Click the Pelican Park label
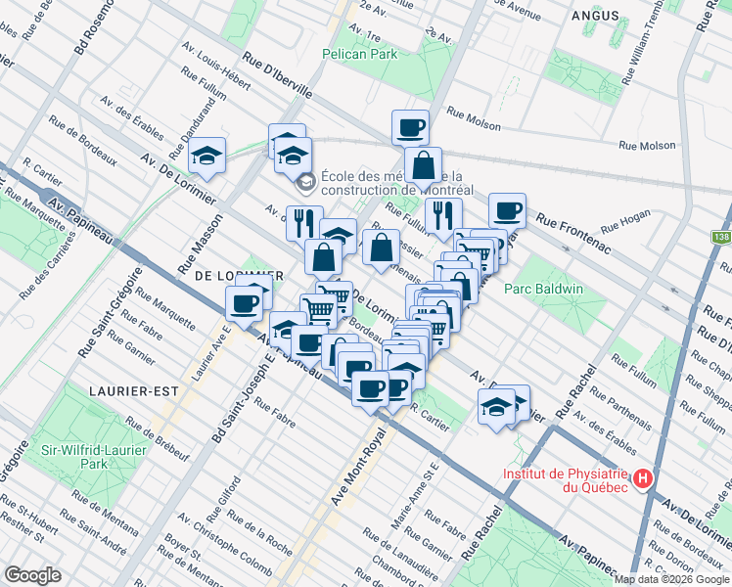(x=362, y=54)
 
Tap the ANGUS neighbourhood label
(x=593, y=16)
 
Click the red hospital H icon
(x=642, y=478)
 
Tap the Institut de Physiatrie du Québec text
(x=566, y=479)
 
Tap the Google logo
(x=33, y=575)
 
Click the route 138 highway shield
(x=720, y=237)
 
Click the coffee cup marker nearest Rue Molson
(x=410, y=126)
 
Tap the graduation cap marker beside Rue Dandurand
(x=207, y=154)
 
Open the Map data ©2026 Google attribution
(x=671, y=579)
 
